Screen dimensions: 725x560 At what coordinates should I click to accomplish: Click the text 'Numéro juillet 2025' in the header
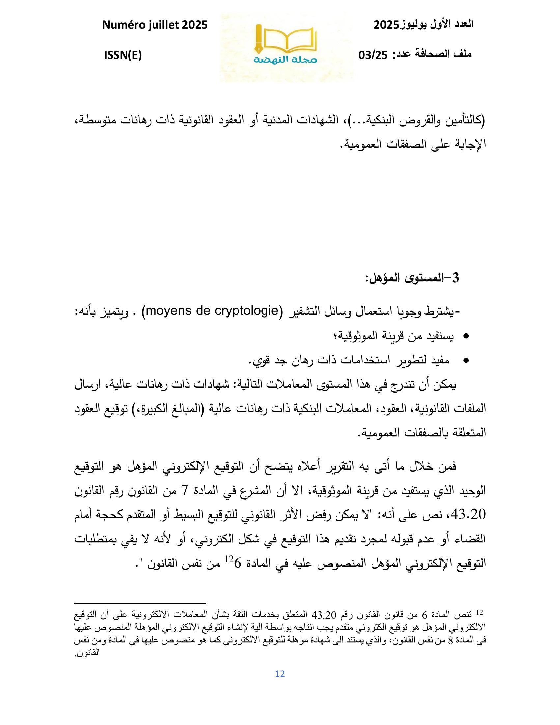pos(155,25)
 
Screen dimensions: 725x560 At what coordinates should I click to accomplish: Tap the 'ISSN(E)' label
pos(123,55)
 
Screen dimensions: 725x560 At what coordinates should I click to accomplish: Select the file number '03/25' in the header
pos(373,55)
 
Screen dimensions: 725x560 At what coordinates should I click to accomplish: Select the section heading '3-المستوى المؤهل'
pos(412,278)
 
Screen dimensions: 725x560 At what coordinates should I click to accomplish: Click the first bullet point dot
pos(466,336)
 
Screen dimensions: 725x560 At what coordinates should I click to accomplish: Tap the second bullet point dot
pos(466,361)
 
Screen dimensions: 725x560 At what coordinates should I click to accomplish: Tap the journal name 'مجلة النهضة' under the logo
pos(286,59)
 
